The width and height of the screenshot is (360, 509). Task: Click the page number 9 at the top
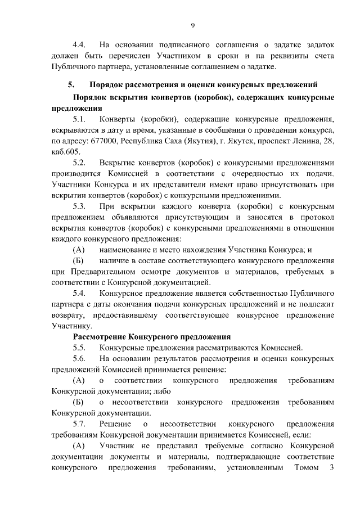pos(192,25)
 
